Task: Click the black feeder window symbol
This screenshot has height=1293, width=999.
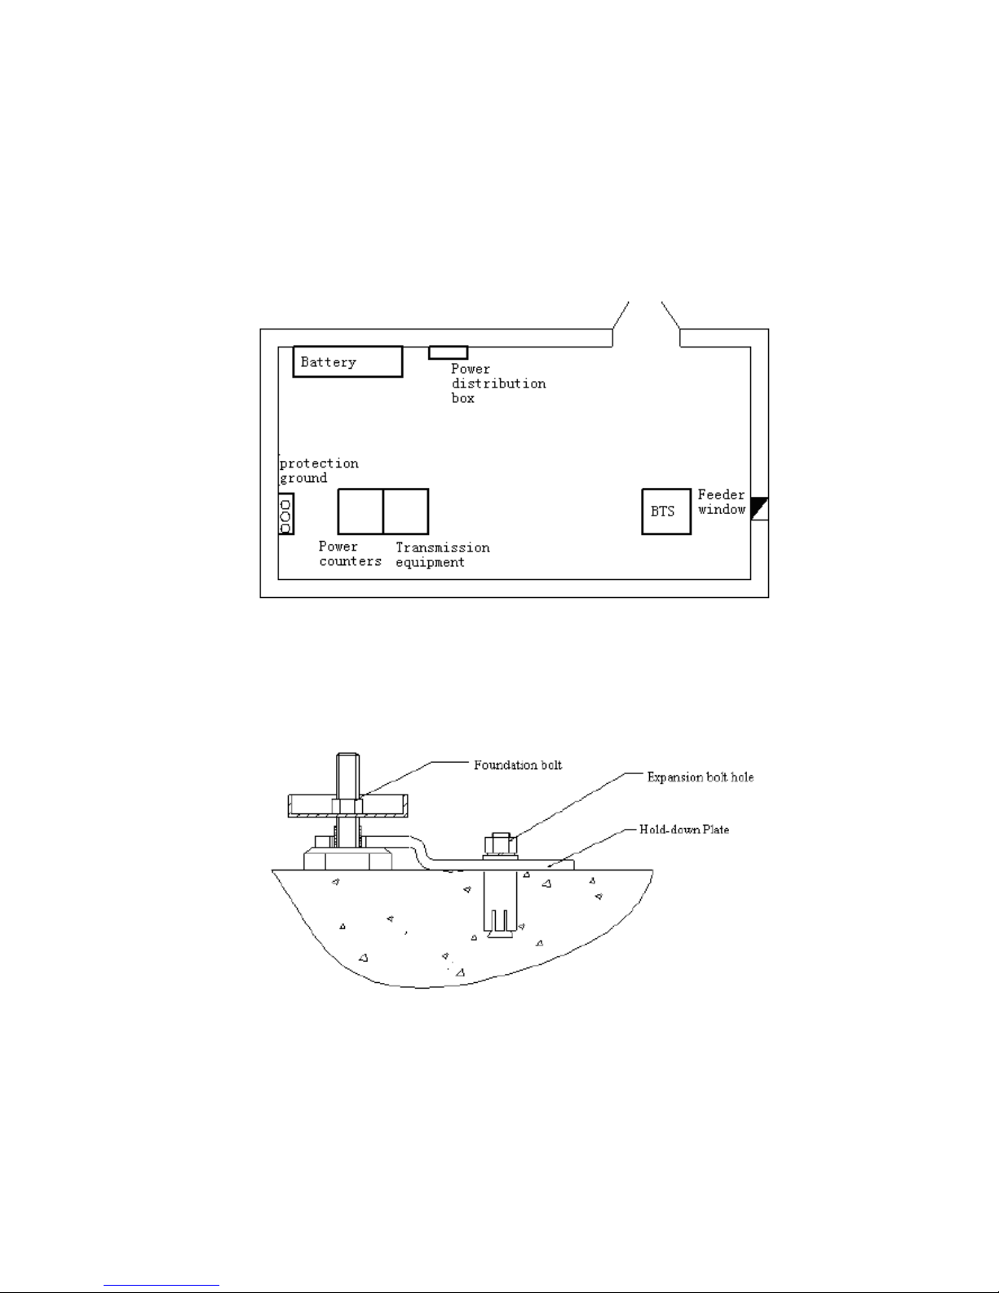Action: click(x=758, y=509)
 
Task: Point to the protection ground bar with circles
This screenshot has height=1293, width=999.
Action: click(x=286, y=514)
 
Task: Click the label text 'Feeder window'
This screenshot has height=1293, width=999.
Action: click(x=721, y=503)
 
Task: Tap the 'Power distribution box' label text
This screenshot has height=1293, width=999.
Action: click(x=498, y=383)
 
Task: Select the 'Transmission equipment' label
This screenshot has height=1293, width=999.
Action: click(x=443, y=556)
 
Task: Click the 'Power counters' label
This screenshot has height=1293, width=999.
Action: click(x=350, y=554)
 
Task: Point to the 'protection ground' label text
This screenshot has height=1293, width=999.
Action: click(x=320, y=471)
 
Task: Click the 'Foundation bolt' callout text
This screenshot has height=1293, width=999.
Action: click(x=518, y=765)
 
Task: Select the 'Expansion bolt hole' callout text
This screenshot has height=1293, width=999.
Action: click(x=701, y=777)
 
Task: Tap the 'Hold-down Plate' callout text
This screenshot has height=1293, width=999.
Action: click(x=684, y=830)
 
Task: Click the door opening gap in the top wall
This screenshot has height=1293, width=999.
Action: click(x=647, y=338)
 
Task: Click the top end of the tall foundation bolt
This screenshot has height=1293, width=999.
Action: click(x=347, y=755)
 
